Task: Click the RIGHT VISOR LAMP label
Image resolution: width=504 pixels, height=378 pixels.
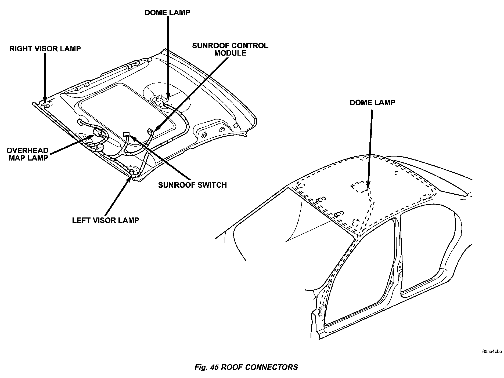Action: coord(45,49)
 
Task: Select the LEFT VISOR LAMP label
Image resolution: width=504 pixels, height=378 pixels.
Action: coord(106,220)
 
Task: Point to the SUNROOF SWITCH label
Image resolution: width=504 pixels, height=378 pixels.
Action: coord(192,185)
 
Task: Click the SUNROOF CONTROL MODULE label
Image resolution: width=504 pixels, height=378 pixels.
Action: coord(230,49)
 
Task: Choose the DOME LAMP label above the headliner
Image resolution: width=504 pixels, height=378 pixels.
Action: coord(167,13)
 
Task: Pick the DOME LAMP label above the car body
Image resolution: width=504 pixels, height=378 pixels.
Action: coord(372,103)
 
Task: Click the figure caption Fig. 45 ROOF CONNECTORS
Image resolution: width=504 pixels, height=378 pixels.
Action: coord(246,367)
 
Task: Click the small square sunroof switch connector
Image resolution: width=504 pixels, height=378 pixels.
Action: coord(126,134)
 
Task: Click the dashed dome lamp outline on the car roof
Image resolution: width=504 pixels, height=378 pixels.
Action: coord(359,187)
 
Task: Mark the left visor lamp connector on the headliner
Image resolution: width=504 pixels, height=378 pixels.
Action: coord(132,172)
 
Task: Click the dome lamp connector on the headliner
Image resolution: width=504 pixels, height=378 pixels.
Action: coord(161,101)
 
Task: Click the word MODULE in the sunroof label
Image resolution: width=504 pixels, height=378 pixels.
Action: coord(230,53)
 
